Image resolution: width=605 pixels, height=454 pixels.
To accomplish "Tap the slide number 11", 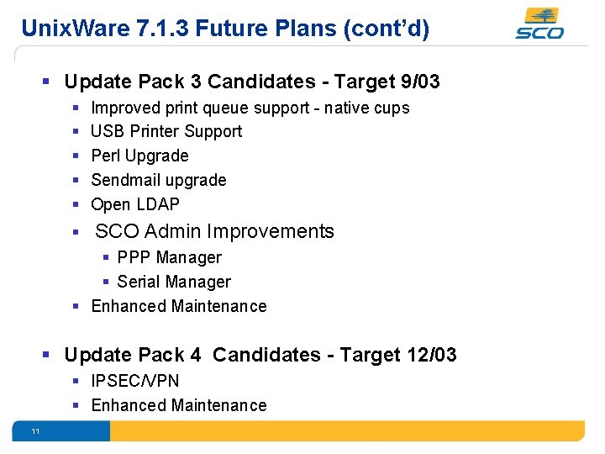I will point(35,431).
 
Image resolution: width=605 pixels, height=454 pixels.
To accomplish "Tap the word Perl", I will point(106,156).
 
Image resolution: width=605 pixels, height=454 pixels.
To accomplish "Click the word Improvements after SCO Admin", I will point(271,231).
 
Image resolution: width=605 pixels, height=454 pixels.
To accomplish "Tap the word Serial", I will point(140,282).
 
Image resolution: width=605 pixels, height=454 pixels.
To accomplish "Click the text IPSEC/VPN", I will point(134,381).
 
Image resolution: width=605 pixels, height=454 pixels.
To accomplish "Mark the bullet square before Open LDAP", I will point(76,204).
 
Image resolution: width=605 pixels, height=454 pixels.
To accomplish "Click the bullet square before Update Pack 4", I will point(49,355).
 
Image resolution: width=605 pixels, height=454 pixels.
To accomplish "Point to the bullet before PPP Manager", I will point(107,257).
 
